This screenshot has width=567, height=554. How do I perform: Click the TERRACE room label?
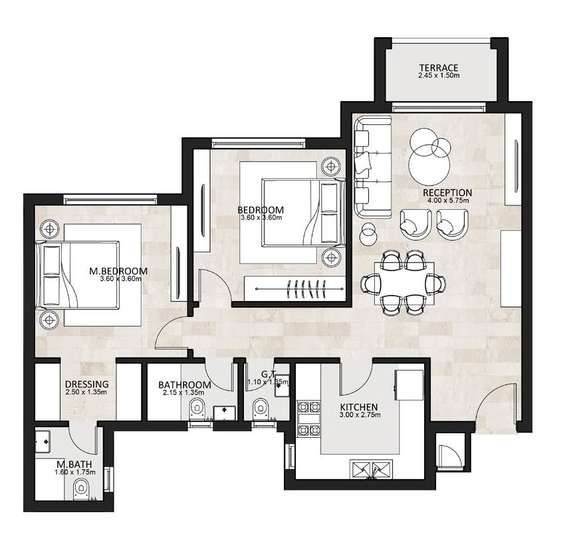439,68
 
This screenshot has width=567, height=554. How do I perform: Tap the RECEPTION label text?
447,193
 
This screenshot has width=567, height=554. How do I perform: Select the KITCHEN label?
359,407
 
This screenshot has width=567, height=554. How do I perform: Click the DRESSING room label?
87,384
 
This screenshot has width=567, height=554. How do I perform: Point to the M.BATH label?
74,464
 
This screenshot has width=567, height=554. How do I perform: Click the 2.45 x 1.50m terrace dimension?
439,76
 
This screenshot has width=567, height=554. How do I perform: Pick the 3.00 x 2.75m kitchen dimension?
360,415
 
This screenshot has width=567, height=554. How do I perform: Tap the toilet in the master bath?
80,490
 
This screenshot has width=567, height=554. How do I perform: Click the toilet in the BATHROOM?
197,409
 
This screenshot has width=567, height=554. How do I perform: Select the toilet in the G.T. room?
261,409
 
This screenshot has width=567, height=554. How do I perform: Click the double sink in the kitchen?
371,469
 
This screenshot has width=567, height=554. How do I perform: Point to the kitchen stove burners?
308,419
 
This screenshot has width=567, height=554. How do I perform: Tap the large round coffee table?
429,165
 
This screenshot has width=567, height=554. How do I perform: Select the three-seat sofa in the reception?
373,167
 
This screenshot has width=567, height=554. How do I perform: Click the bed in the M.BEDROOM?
78,275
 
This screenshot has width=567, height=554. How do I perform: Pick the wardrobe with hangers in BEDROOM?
295,288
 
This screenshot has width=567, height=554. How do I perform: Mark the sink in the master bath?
43,442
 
